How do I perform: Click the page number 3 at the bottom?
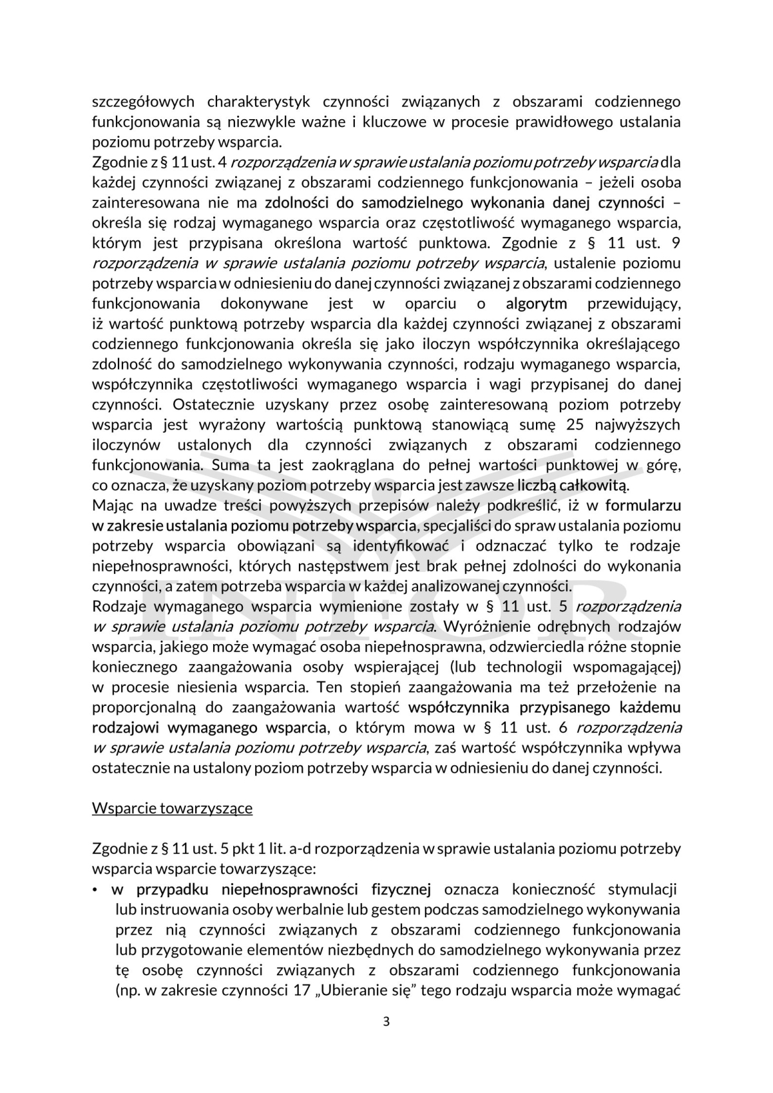(x=386, y=1022)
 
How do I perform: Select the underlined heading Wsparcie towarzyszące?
(x=172, y=808)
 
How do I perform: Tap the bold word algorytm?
(x=537, y=303)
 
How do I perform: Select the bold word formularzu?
(x=643, y=505)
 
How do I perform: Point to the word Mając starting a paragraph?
(x=113, y=505)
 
